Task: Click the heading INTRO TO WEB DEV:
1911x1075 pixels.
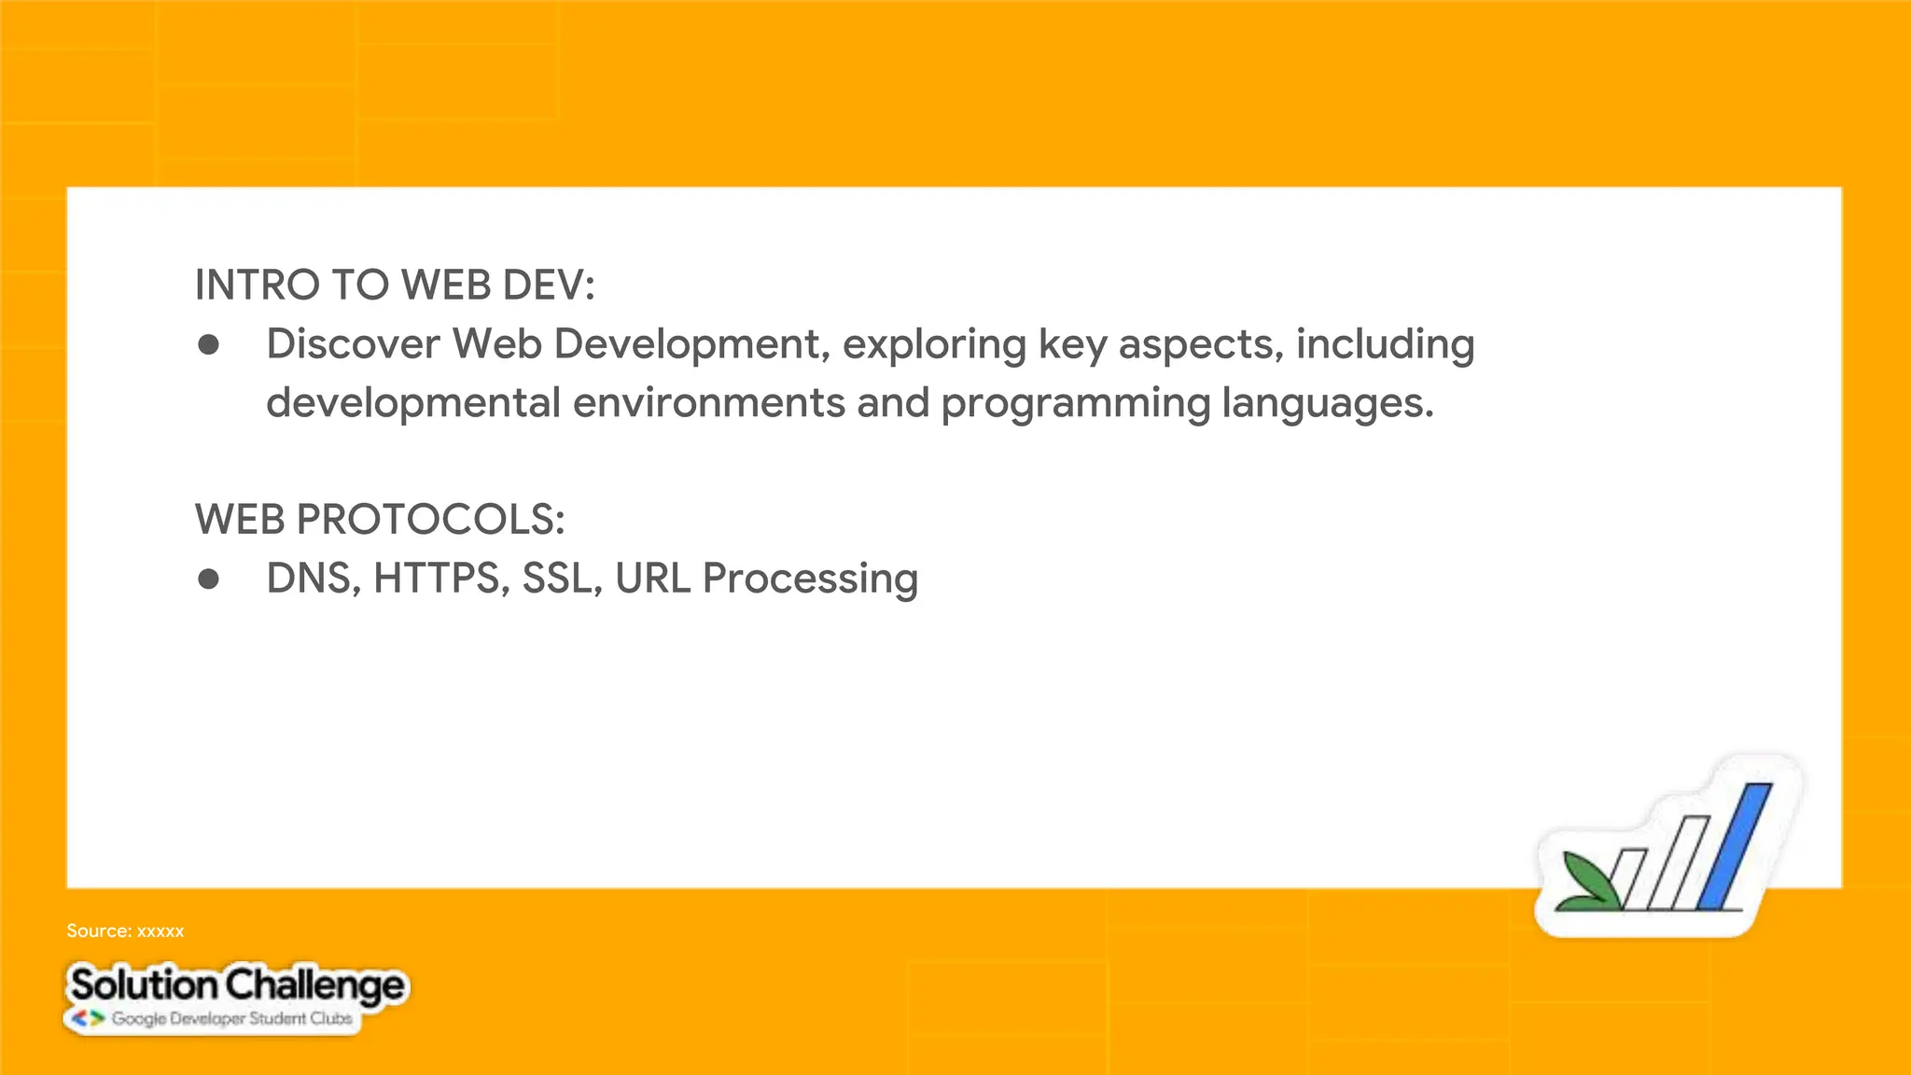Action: [x=394, y=286]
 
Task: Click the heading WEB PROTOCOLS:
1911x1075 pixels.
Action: [x=380, y=520]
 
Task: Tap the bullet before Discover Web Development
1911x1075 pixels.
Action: [x=209, y=345]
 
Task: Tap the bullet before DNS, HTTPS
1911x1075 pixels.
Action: [x=209, y=579]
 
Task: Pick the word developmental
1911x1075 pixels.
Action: [x=413, y=404]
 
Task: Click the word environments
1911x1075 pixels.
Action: [x=709, y=404]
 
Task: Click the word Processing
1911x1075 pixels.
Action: [x=810, y=579]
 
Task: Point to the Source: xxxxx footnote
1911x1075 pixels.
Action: [x=125, y=931]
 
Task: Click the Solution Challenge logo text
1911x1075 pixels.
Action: [x=237, y=985]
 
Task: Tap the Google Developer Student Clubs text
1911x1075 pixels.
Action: [x=231, y=1019]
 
